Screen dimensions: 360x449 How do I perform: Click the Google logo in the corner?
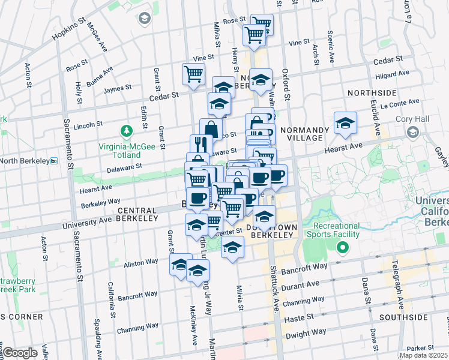click(x=20, y=353)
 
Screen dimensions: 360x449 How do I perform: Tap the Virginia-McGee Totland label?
click(x=126, y=150)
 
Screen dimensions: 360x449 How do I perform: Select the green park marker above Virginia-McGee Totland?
click(x=126, y=130)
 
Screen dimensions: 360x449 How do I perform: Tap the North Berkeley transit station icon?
click(x=53, y=161)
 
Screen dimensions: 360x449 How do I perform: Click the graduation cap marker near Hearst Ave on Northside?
click(x=345, y=122)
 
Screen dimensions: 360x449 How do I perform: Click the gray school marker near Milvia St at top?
click(x=145, y=18)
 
